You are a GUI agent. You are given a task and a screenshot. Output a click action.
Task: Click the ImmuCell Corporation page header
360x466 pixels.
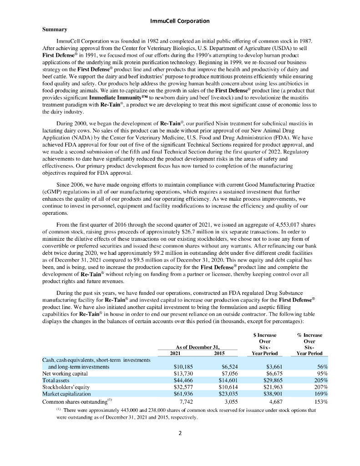pos(180,21)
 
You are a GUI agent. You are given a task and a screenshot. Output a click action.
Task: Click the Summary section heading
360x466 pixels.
pos(55,30)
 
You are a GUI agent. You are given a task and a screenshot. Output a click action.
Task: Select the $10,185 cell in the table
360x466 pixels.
pos(184,366)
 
